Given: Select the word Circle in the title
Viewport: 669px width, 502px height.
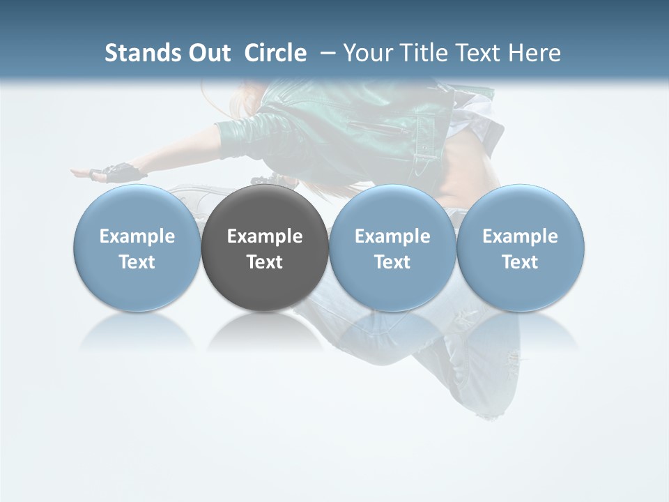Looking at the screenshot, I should [275, 53].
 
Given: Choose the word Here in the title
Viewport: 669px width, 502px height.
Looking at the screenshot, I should [535, 53].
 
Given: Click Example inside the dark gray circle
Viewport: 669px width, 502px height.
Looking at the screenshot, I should [265, 236].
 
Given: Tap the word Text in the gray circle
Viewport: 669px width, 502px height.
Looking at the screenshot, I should [265, 262].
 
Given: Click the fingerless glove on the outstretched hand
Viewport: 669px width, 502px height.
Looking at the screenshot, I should [118, 172].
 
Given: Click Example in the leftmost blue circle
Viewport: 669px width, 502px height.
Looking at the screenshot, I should [137, 236].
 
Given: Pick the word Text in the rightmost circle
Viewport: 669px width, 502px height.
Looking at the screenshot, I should [521, 262].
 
